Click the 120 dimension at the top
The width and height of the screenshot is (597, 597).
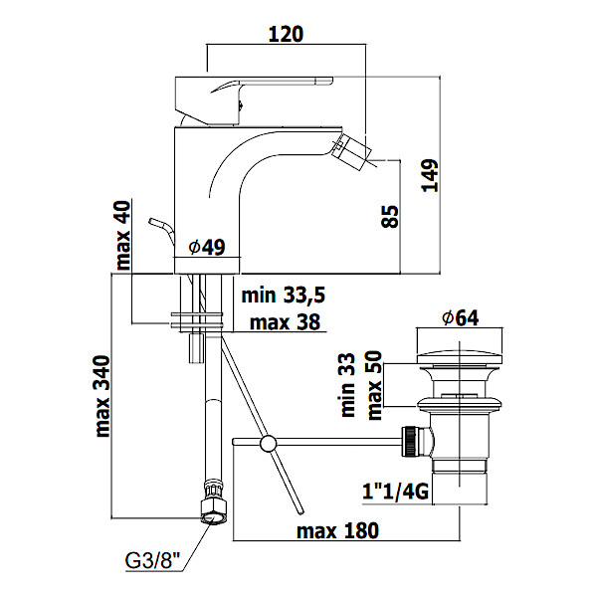coord(286,33)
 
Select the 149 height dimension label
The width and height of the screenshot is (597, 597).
coord(457,177)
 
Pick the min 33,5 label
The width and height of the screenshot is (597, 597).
coord(284,295)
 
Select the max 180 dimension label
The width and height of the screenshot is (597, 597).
coord(338,531)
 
